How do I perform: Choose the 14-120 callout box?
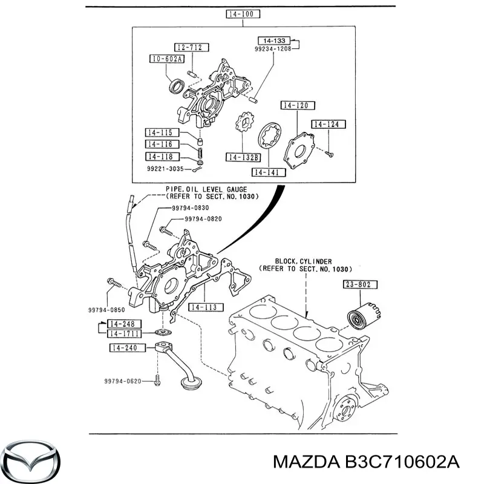pyautogui.click(x=298, y=105)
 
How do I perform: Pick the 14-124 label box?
pyautogui.click(x=329, y=125)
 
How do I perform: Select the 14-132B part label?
pyautogui.click(x=243, y=157)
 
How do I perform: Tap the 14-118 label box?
pyautogui.click(x=159, y=155)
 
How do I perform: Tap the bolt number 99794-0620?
pyautogui.click(x=122, y=381)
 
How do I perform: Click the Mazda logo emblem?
pyautogui.click(x=32, y=457)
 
